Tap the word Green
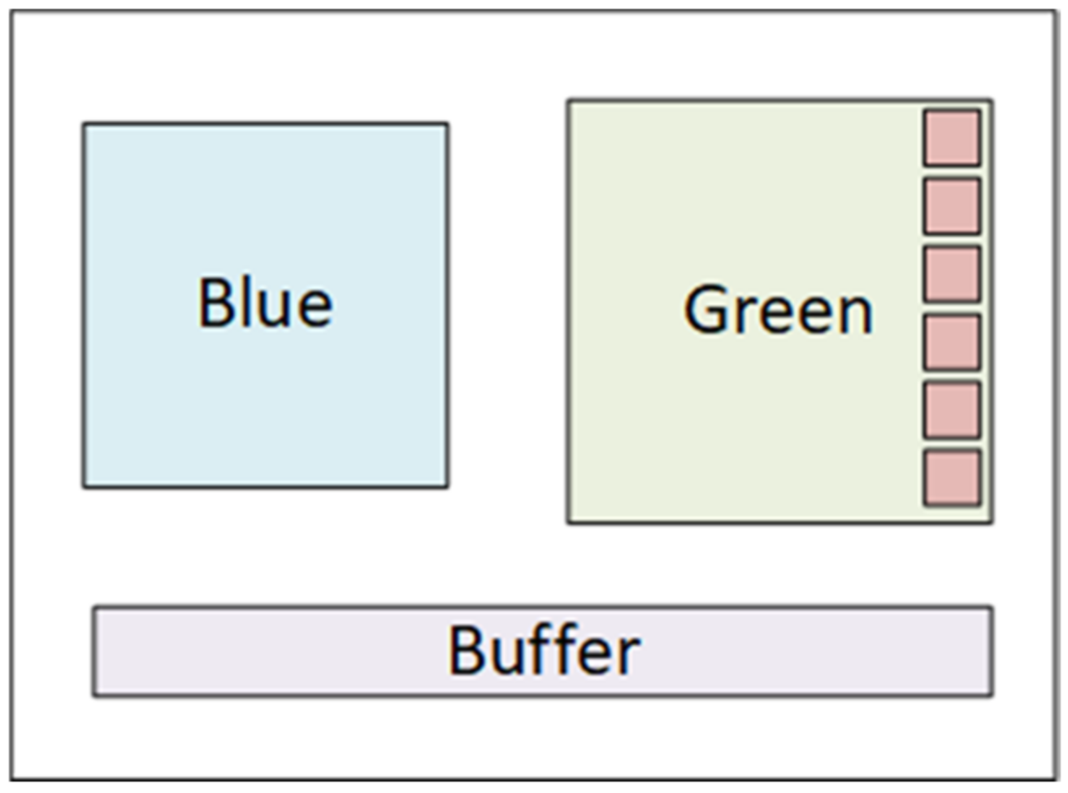point(778,310)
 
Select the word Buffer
point(544,651)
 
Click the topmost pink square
point(951,138)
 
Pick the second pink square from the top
point(951,207)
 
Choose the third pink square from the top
point(951,274)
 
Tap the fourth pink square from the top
point(951,342)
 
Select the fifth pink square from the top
point(951,410)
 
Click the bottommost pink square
point(951,478)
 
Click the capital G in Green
point(706,310)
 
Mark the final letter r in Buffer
point(628,656)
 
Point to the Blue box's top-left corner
point(84,124)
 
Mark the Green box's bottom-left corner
point(568,522)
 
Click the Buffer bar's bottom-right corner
point(992,695)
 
